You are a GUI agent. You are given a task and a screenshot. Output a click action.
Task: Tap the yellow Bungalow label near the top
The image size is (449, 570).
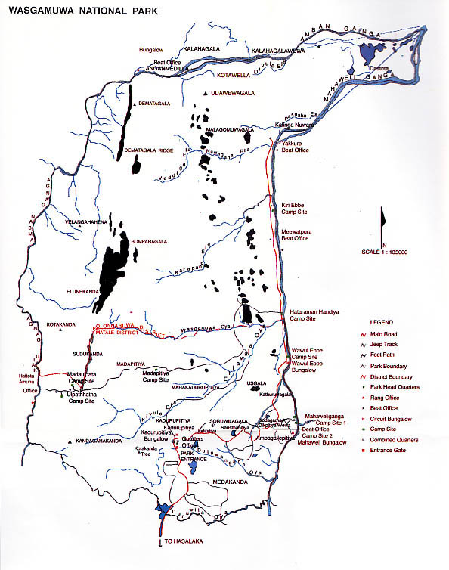point(152,50)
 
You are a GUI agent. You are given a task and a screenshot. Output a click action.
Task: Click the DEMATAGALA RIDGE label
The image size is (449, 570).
point(149,150)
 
